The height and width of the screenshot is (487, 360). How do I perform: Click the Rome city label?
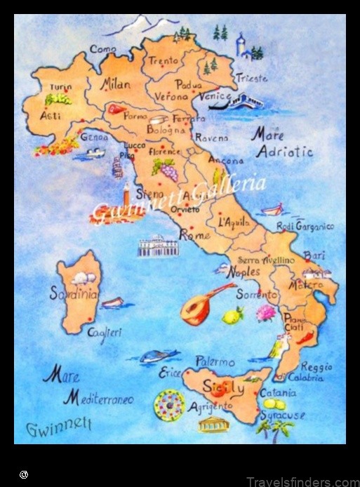pos(195,236)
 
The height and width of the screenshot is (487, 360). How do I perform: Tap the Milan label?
pos(116,84)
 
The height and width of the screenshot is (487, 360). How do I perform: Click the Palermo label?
pos(215,363)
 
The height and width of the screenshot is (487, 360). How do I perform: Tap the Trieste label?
pos(251,79)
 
